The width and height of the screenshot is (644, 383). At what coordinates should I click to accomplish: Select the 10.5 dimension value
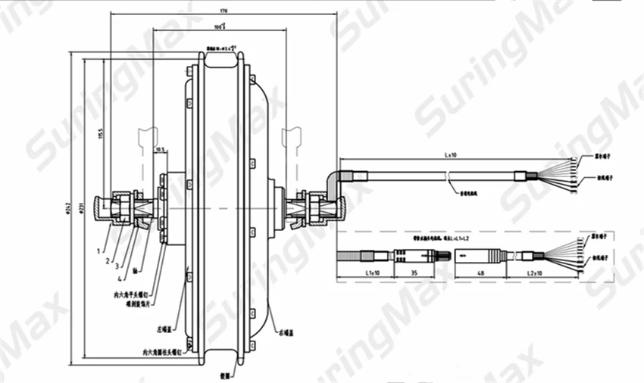[160, 151]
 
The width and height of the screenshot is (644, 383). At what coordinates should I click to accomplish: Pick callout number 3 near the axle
[117, 266]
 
